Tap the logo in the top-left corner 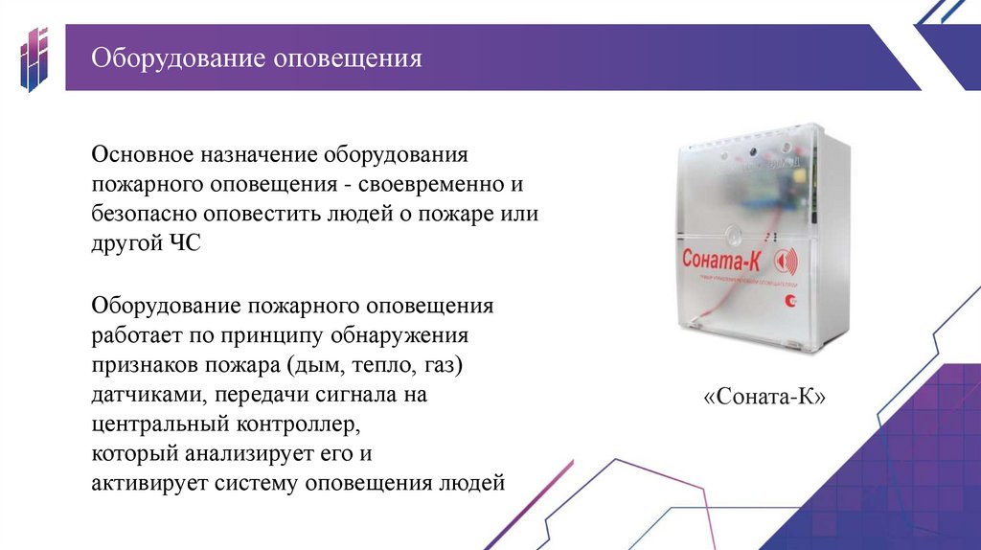35,59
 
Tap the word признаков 143,366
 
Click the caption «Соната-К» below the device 764,397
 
